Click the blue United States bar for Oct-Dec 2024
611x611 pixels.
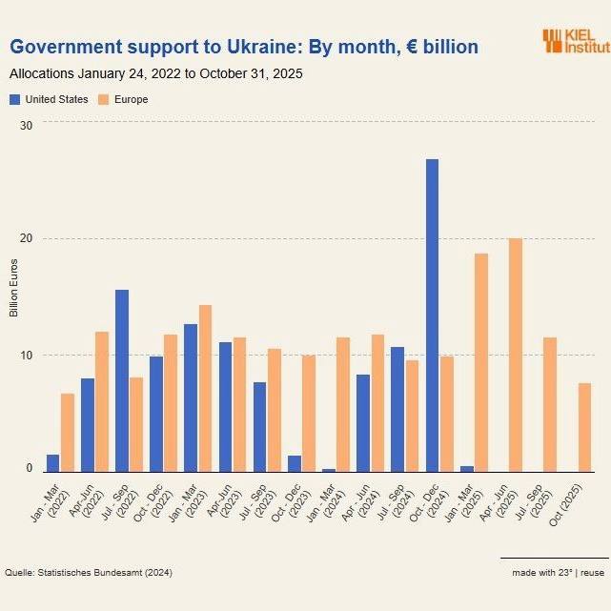(432, 315)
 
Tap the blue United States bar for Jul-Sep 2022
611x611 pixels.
(122, 380)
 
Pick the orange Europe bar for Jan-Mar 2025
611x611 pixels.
(481, 362)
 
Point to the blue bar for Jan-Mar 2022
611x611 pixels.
(53, 462)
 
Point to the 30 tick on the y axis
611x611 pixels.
(26, 126)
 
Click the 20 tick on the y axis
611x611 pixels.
(26, 240)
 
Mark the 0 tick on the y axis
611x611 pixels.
(30, 469)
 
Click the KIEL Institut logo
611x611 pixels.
(575, 40)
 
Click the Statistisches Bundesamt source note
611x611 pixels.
(89, 572)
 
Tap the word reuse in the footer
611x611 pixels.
(593, 572)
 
